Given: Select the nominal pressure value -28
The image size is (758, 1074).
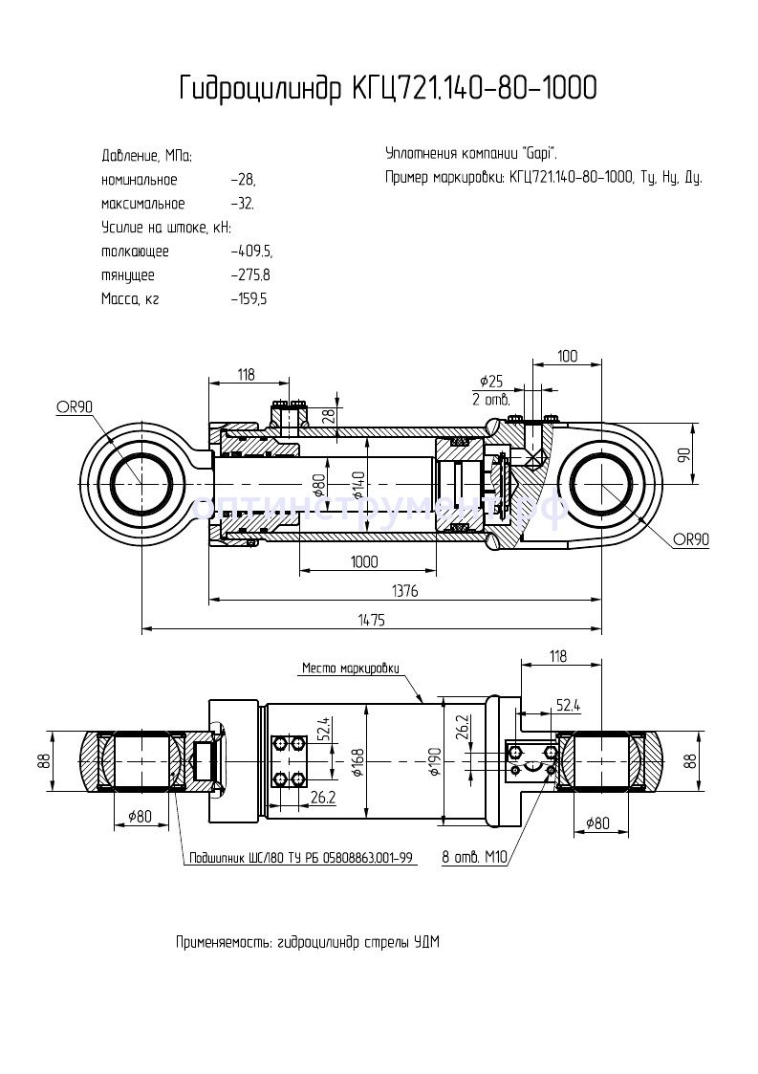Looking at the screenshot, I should tap(244, 180).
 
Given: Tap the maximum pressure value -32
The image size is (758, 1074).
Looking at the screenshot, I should tap(243, 204).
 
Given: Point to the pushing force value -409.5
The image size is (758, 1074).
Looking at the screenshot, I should tap(251, 252).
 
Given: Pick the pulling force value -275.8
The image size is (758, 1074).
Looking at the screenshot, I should tap(251, 275).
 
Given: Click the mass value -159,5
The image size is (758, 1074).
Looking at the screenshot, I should tap(249, 299).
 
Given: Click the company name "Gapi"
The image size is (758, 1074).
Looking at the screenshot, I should tap(538, 154).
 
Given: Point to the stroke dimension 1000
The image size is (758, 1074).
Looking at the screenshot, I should tap(362, 561).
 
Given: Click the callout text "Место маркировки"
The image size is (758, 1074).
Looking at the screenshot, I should tap(350, 669).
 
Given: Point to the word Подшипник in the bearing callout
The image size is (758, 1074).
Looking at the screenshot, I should tap(216, 857).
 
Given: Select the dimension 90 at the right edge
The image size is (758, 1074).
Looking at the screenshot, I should tap(684, 455).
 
